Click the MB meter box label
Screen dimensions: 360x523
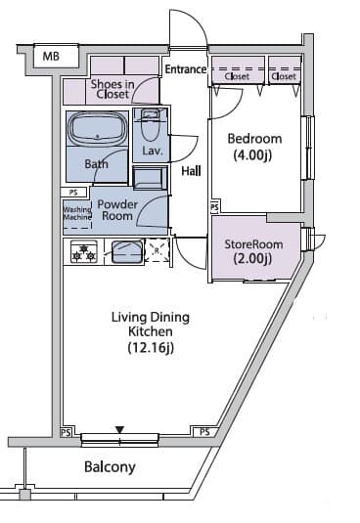[x=51, y=56]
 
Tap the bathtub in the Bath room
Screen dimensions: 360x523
[x=97, y=129]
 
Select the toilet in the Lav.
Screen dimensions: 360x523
[x=150, y=125]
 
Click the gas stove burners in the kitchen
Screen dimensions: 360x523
[x=84, y=252]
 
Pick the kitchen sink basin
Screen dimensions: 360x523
[x=127, y=252]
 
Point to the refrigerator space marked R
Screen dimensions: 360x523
[x=157, y=250]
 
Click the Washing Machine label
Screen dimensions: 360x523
[x=77, y=213]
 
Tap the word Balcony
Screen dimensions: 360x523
[x=110, y=467]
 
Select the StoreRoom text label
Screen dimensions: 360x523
[x=253, y=244]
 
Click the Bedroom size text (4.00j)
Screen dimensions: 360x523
[x=252, y=154]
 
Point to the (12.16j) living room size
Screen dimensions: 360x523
[x=151, y=348]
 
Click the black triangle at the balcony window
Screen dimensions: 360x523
[x=119, y=429]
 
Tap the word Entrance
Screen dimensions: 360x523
[x=186, y=69]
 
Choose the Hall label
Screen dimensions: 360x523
[x=191, y=171]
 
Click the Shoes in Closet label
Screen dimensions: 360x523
[x=112, y=89]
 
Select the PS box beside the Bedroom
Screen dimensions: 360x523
[x=215, y=207]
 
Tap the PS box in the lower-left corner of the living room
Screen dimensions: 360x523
[x=66, y=433]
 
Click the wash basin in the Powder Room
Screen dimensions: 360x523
[x=150, y=178]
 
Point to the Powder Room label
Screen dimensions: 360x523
[x=117, y=210]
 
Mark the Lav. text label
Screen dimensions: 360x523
[x=153, y=152]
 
